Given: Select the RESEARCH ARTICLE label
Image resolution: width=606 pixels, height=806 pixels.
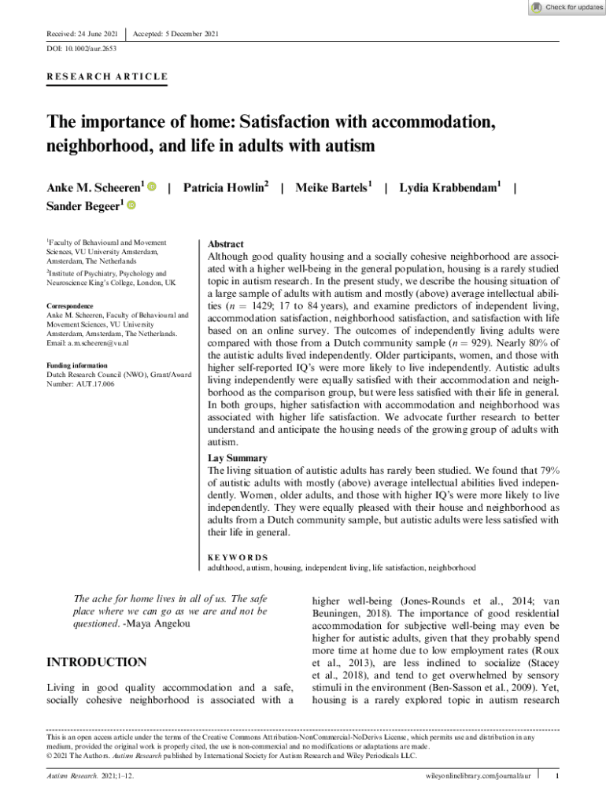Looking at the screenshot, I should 108,76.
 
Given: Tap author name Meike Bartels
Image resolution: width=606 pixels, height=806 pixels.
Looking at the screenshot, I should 333,187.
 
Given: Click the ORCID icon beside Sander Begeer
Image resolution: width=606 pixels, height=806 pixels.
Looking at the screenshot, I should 131,205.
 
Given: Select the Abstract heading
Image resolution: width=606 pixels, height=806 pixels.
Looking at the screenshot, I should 225,245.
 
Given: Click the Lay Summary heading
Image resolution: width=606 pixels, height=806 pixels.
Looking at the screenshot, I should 237,458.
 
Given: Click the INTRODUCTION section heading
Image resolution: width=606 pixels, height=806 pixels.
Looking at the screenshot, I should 97,662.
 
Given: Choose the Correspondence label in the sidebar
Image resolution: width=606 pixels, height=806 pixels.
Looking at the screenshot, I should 70,305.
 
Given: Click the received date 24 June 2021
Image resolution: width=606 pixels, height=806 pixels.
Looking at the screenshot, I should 94,34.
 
